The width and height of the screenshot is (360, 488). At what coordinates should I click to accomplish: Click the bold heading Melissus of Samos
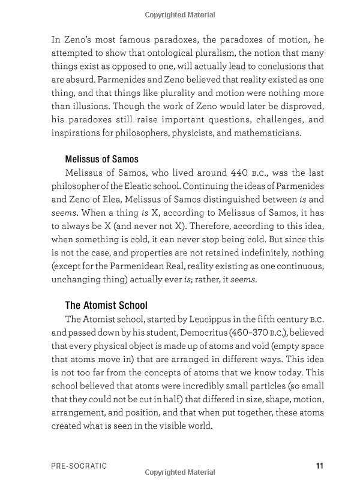[101, 159]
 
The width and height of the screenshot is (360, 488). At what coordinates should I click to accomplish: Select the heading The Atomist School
[106, 305]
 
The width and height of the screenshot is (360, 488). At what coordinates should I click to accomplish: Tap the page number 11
[319, 466]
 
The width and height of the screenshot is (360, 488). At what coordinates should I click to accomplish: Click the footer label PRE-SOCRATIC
[79, 466]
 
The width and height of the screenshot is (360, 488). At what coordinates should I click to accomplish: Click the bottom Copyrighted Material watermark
[180, 473]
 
